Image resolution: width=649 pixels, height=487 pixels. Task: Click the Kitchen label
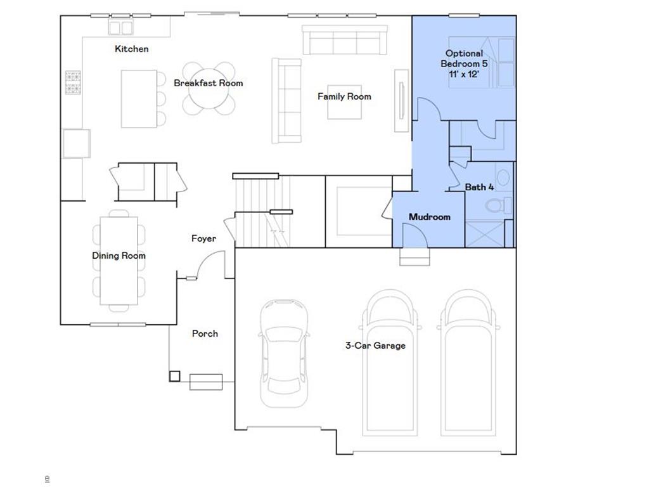[x=132, y=49]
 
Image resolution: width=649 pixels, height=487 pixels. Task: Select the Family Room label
[x=344, y=96]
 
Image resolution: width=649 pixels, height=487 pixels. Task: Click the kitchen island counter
[x=139, y=98]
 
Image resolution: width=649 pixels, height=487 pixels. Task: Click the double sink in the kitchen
[x=120, y=27]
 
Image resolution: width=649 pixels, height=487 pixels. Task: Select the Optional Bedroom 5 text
[x=464, y=63]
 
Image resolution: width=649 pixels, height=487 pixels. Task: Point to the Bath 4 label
[x=479, y=187]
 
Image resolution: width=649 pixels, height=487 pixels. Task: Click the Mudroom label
[x=429, y=217]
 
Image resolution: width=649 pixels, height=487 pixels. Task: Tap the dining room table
[x=119, y=261]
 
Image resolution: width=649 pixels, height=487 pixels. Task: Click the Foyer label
[x=203, y=238]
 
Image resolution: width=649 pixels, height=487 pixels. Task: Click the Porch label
[x=205, y=334]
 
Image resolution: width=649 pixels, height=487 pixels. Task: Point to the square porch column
[x=174, y=376]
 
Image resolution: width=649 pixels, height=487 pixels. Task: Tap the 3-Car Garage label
[x=375, y=346]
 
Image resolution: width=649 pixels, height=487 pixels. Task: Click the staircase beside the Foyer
[x=260, y=212]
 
